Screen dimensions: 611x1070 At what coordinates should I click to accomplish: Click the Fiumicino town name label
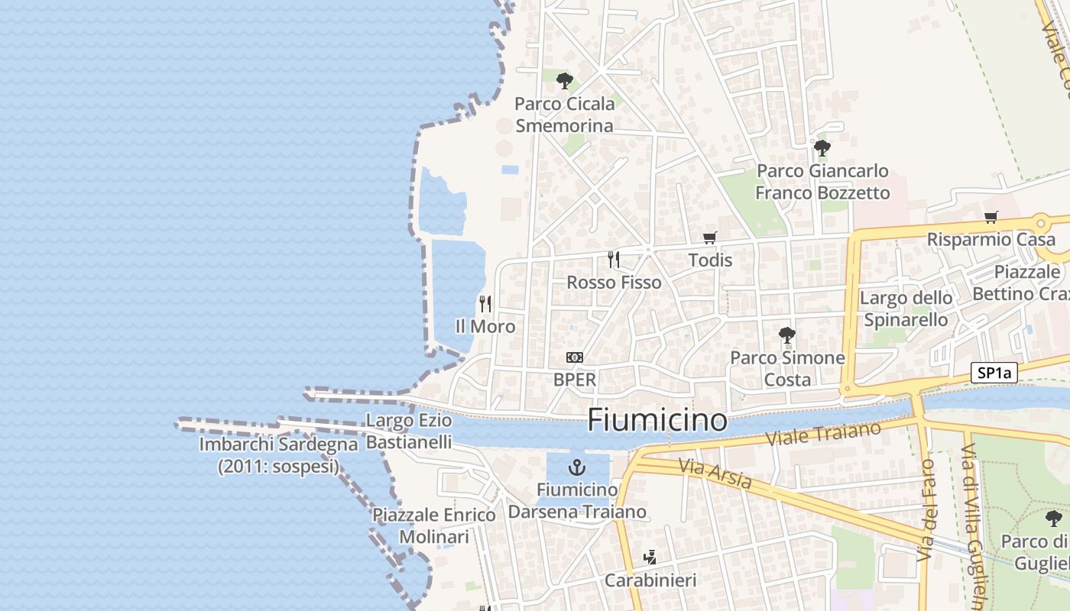tap(657, 421)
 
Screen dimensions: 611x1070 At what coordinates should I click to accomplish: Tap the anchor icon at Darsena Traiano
tap(577, 467)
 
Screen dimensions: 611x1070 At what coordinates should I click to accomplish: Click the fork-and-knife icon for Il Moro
tap(485, 304)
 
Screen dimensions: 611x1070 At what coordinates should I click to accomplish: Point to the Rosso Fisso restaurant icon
tap(613, 260)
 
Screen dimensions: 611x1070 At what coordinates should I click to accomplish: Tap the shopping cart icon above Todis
tap(710, 238)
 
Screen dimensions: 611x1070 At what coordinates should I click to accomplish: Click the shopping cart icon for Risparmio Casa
tap(991, 217)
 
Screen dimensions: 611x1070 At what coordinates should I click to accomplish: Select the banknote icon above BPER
tap(575, 357)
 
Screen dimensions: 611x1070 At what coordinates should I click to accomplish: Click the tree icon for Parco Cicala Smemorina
tap(565, 81)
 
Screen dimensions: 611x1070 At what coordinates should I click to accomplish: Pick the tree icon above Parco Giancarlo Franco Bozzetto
tap(822, 148)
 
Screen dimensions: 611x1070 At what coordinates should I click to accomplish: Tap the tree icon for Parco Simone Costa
tap(787, 335)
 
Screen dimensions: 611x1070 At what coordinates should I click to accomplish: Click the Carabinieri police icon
tap(650, 558)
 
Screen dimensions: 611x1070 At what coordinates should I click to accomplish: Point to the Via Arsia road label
tap(715, 474)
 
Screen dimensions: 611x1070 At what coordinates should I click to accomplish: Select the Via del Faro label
tap(927, 509)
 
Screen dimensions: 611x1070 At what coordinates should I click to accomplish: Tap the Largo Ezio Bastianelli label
tap(409, 431)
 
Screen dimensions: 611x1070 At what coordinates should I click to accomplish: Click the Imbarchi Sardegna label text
tap(278, 454)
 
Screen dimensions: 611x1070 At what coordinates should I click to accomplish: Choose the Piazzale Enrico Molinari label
tap(434, 525)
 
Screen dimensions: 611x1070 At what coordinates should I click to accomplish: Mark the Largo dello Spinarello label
tap(906, 309)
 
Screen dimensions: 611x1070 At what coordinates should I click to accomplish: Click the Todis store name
tap(710, 260)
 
